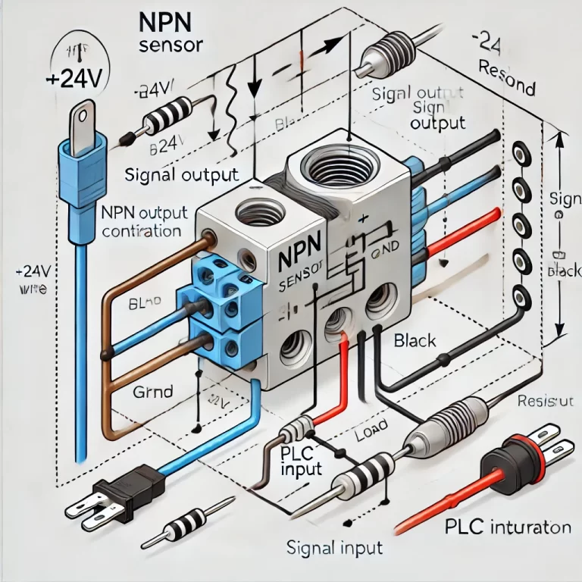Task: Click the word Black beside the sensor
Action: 415,341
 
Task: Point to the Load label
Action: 371,435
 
